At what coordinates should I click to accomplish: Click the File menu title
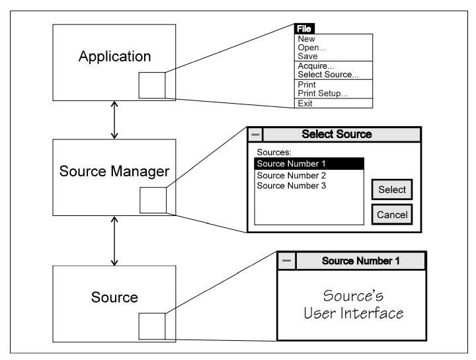pos(305,29)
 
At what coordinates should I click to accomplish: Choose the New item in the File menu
pos(307,39)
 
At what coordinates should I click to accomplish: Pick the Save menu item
pos(307,56)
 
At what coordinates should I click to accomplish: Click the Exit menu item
pos(306,104)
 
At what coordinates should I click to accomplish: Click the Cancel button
pos(392,214)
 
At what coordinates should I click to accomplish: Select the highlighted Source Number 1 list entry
pos(309,163)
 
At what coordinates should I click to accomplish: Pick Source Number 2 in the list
pos(292,176)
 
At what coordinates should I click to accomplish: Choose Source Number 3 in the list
pos(292,186)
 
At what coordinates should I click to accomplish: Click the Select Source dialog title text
pos(337,134)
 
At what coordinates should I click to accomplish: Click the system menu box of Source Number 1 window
pos(286,260)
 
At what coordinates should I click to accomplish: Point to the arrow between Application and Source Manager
pos(115,120)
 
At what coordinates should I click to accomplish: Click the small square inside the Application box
pos(152,85)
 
